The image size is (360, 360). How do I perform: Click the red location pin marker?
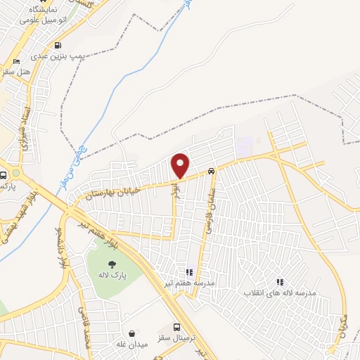[x=181, y=165]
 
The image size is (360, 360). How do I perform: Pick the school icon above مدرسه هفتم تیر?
[x=188, y=271]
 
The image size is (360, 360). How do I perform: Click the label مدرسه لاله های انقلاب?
[x=280, y=292]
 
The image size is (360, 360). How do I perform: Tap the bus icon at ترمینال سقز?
[x=177, y=327]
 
